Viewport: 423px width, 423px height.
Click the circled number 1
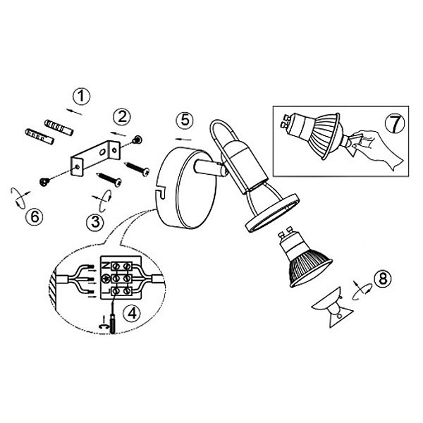point(82,97)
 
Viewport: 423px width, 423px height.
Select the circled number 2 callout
point(122,117)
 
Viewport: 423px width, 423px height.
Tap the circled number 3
point(95,222)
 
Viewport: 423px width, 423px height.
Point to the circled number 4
point(132,314)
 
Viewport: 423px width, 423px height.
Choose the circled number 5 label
point(185,120)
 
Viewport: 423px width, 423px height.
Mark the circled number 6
point(35,216)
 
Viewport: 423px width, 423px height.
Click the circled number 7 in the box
point(395,123)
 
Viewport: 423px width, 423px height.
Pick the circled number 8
point(383,278)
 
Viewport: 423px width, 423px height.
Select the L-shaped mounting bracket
point(95,158)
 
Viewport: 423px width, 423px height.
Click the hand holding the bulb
point(376,149)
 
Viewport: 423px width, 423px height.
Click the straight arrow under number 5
point(183,139)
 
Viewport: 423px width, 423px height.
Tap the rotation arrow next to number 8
point(362,291)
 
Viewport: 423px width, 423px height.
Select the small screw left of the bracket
point(44,182)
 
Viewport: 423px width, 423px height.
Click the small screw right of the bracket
point(137,140)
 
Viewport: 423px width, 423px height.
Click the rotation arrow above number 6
point(20,198)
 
